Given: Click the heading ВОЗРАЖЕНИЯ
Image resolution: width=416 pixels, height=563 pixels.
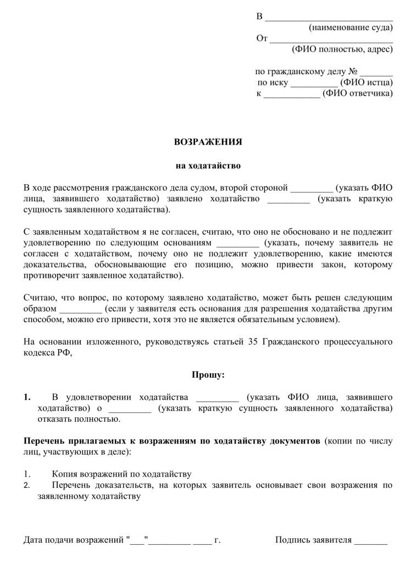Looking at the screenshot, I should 208,141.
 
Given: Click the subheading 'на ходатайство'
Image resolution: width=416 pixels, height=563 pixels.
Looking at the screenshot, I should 208,165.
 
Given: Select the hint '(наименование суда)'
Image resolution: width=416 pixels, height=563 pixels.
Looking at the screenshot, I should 351,27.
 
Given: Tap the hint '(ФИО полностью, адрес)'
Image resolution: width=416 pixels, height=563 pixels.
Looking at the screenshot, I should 342,49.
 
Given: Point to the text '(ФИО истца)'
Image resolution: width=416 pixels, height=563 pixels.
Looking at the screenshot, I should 367,82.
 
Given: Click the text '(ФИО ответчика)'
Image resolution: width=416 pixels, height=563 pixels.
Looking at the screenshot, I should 358,93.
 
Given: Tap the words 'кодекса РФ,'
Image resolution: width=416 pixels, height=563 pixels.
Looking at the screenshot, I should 48,354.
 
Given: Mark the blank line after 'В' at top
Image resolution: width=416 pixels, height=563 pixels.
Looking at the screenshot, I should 329,16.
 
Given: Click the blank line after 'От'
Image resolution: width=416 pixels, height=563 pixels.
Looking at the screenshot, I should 332,38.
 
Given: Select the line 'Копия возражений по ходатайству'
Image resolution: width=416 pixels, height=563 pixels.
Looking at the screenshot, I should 121,473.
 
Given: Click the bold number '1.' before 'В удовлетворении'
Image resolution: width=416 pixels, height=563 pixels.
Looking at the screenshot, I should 27,397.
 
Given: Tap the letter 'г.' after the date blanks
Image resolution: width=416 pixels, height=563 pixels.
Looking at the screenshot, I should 217,540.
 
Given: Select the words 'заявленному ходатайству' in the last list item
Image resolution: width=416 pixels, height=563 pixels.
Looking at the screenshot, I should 82,495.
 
